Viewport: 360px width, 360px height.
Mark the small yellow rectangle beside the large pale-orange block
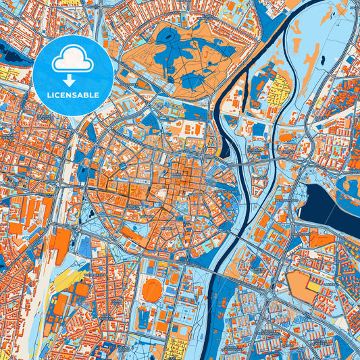(x=314, y=286)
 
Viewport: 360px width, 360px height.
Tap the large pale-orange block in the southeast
(x=300, y=284)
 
